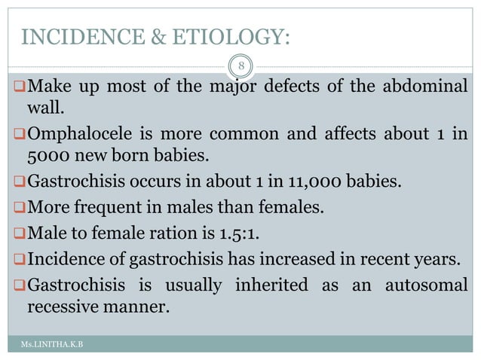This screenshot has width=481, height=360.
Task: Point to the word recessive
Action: [64, 308]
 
